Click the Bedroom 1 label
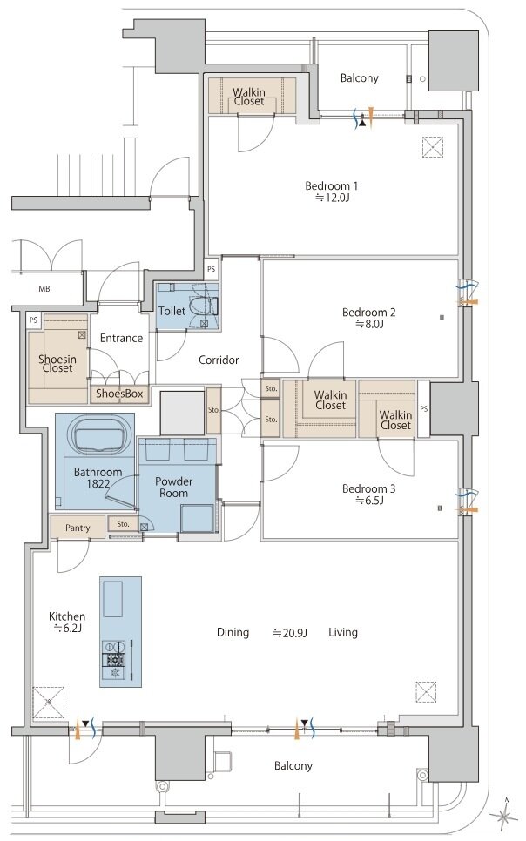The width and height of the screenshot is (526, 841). pos(331,186)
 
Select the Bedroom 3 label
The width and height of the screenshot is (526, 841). pos(368,488)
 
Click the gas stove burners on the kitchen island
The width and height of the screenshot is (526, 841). pos(114,660)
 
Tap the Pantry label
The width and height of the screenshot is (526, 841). pos(78,528)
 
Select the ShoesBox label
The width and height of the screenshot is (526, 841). pos(119,394)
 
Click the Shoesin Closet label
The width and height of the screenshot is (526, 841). pos(57,364)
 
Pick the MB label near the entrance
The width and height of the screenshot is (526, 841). pos(44,289)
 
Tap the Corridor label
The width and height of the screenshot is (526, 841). pos(219,360)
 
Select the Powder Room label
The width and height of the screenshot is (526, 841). pos(173,487)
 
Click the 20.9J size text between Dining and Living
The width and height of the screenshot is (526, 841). pos(290,633)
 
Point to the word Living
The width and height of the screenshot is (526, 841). pos(343,633)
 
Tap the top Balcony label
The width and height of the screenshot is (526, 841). pos(359,78)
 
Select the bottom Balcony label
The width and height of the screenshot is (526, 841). pos(293,766)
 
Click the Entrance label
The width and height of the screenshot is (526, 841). pos(121,339)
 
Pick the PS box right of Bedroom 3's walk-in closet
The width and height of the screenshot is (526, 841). pos(423,408)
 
